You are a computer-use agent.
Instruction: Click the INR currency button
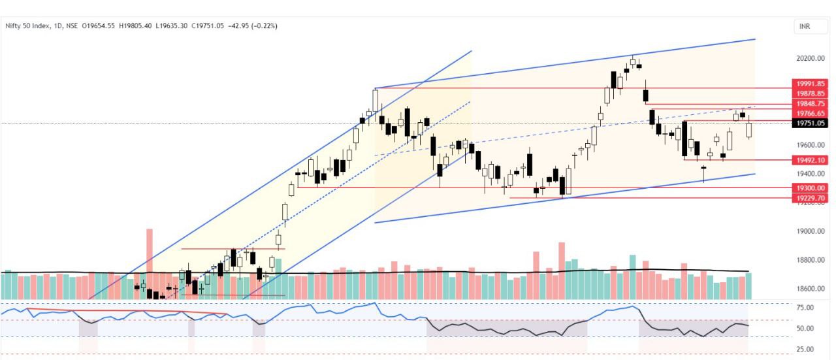(807, 27)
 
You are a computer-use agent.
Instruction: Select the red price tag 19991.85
(809, 84)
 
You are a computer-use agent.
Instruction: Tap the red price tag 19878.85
(809, 93)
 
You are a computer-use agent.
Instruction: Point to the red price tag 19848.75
(809, 103)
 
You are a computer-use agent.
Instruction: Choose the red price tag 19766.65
(809, 113)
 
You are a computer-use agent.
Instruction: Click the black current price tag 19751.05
(809, 123)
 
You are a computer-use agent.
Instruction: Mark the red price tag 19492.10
(809, 159)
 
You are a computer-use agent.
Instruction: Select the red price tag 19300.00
(809, 188)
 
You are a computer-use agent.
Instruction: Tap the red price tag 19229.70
(809, 197)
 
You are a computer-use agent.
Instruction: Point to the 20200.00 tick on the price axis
(811, 58)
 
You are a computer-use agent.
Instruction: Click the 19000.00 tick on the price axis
(811, 231)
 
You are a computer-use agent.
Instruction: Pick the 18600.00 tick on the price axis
(811, 288)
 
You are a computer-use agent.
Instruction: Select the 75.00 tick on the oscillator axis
(805, 307)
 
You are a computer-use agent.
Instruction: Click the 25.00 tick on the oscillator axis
(805, 349)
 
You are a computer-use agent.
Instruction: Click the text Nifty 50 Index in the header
(25, 25)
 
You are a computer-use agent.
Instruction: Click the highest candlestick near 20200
(633, 62)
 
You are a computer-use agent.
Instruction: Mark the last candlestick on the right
(748, 129)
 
